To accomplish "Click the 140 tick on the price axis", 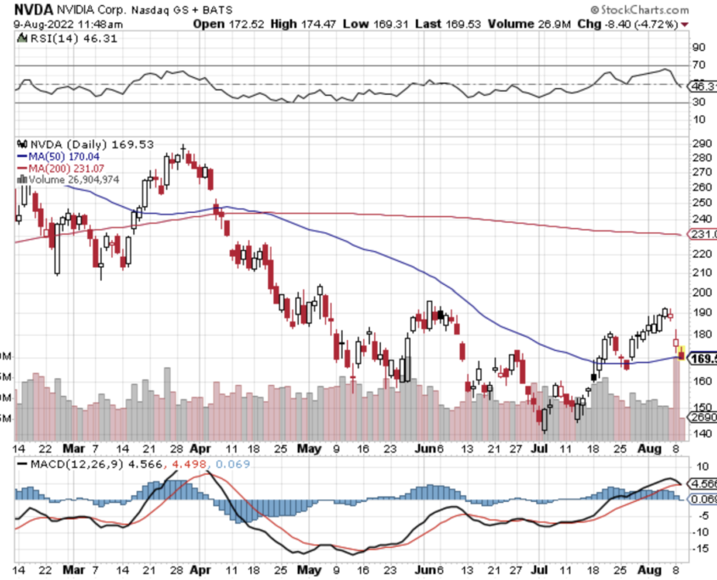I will pos(701,433).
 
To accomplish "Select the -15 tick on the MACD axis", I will pos(700,549).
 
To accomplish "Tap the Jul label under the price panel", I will pos(541,448).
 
